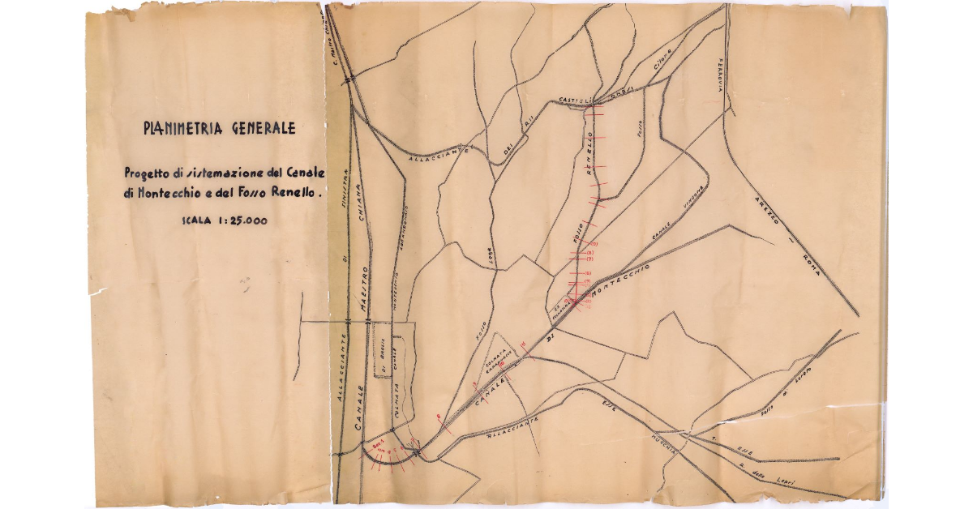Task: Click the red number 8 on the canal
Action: click(438, 418)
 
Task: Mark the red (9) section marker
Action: click(593, 244)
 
